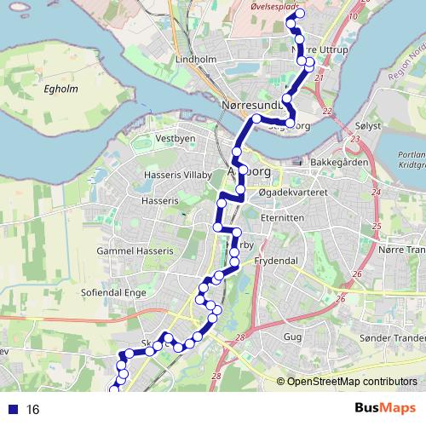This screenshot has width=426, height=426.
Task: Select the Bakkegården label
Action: click(x=337, y=162)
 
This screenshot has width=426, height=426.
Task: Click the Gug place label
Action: click(x=292, y=337)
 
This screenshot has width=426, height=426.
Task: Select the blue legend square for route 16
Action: click(x=11, y=410)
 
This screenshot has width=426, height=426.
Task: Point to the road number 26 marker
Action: click(x=340, y=299)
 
